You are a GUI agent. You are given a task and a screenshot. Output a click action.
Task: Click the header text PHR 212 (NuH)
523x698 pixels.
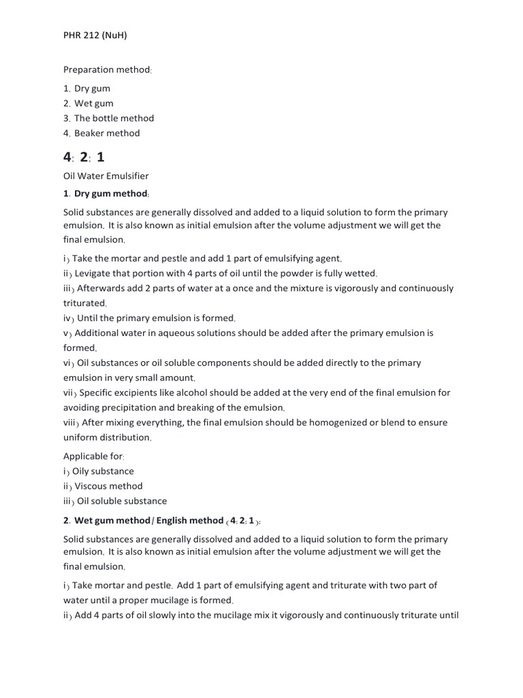click(95, 35)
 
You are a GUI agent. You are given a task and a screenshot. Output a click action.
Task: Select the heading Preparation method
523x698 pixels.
click(108, 70)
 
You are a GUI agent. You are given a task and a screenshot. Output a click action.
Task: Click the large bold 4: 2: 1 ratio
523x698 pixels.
click(84, 157)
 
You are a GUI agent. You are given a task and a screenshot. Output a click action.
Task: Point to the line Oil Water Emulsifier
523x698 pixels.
click(106, 176)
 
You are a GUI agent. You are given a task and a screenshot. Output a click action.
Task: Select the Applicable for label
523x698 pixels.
click(94, 456)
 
